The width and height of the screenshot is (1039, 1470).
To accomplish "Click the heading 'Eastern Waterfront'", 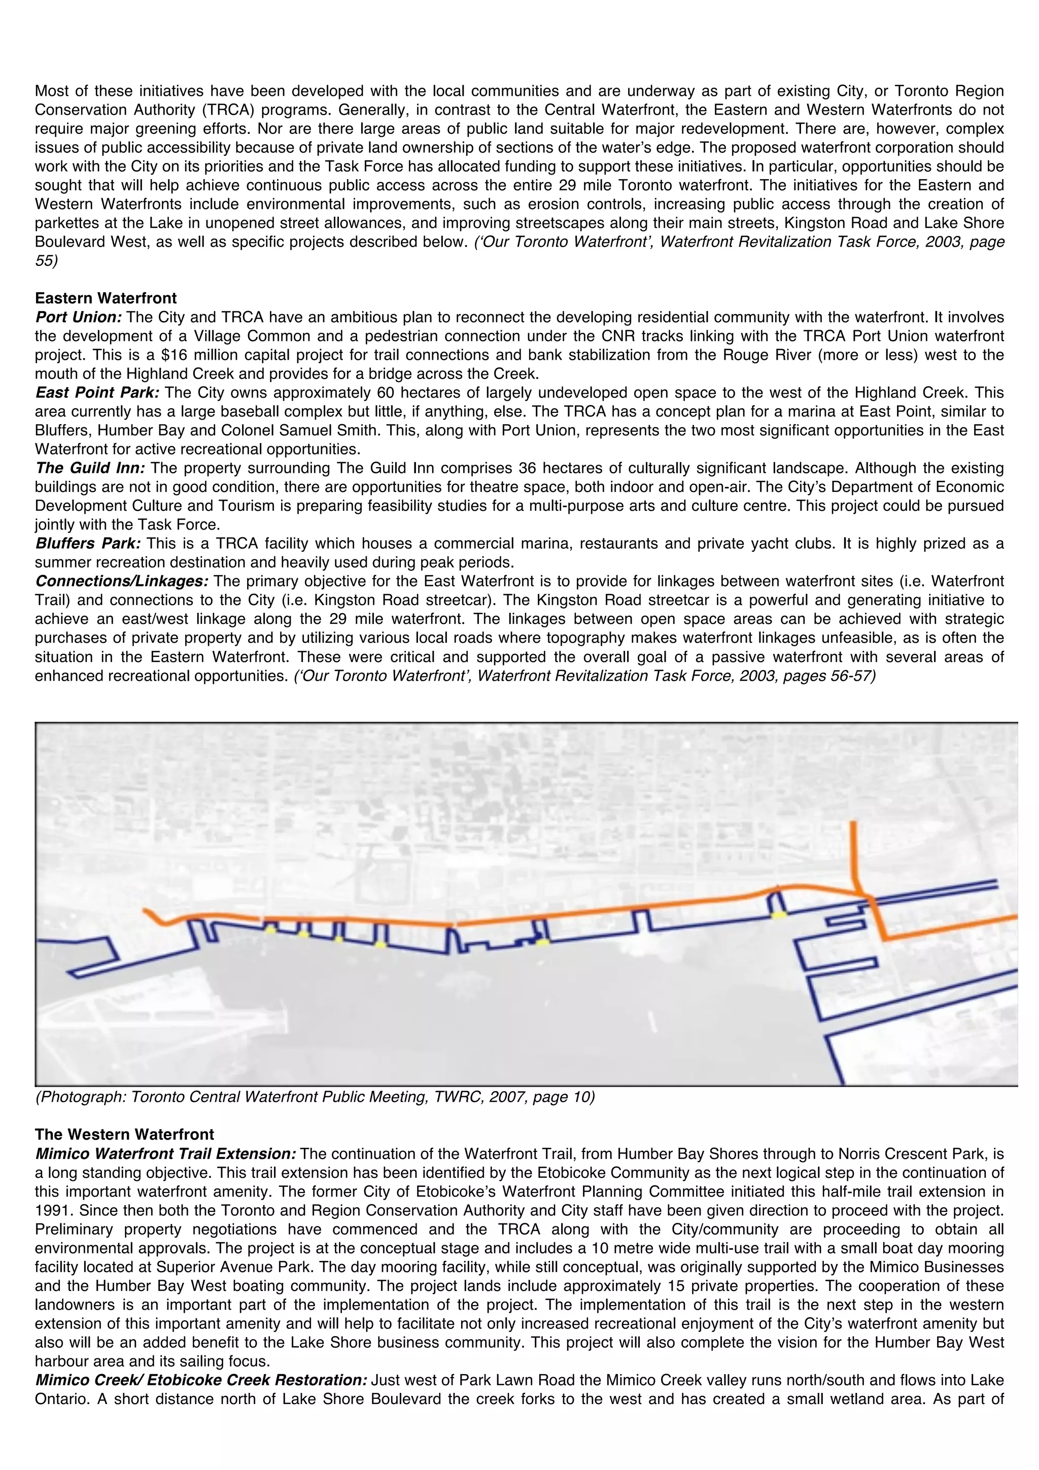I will [x=106, y=298].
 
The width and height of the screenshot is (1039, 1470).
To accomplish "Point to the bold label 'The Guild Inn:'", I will [x=90, y=468].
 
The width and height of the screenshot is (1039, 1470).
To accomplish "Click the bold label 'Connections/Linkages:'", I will [x=122, y=581].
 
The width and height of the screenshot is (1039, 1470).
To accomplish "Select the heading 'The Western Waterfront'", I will [x=124, y=1135].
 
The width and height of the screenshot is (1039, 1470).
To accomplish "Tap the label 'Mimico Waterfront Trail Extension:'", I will [x=165, y=1153].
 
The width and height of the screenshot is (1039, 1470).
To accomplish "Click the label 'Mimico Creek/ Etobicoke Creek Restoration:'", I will [x=201, y=1380].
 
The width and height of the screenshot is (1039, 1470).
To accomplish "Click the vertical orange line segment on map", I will [x=853, y=854].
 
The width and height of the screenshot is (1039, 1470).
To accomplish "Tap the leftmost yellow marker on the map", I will [x=271, y=930].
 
